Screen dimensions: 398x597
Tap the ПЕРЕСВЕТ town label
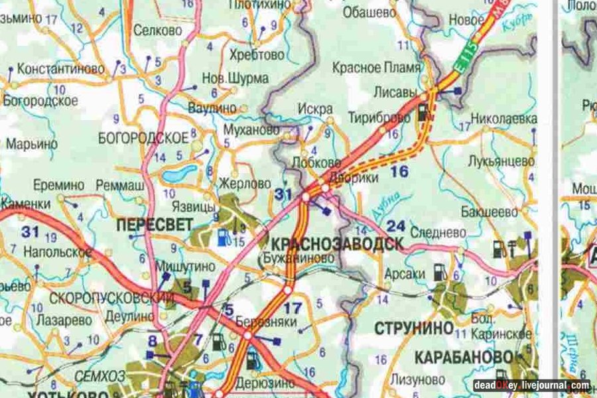click(155, 225)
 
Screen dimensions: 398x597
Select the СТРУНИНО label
click(414, 328)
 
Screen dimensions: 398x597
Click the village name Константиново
click(62, 68)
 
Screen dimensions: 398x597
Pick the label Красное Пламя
click(386, 68)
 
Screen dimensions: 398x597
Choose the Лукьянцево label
click(501, 161)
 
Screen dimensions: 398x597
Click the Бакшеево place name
click(491, 212)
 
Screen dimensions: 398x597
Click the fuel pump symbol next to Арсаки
click(438, 271)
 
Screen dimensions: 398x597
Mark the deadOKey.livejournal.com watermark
click(531, 385)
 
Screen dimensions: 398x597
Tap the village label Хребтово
click(256, 54)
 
